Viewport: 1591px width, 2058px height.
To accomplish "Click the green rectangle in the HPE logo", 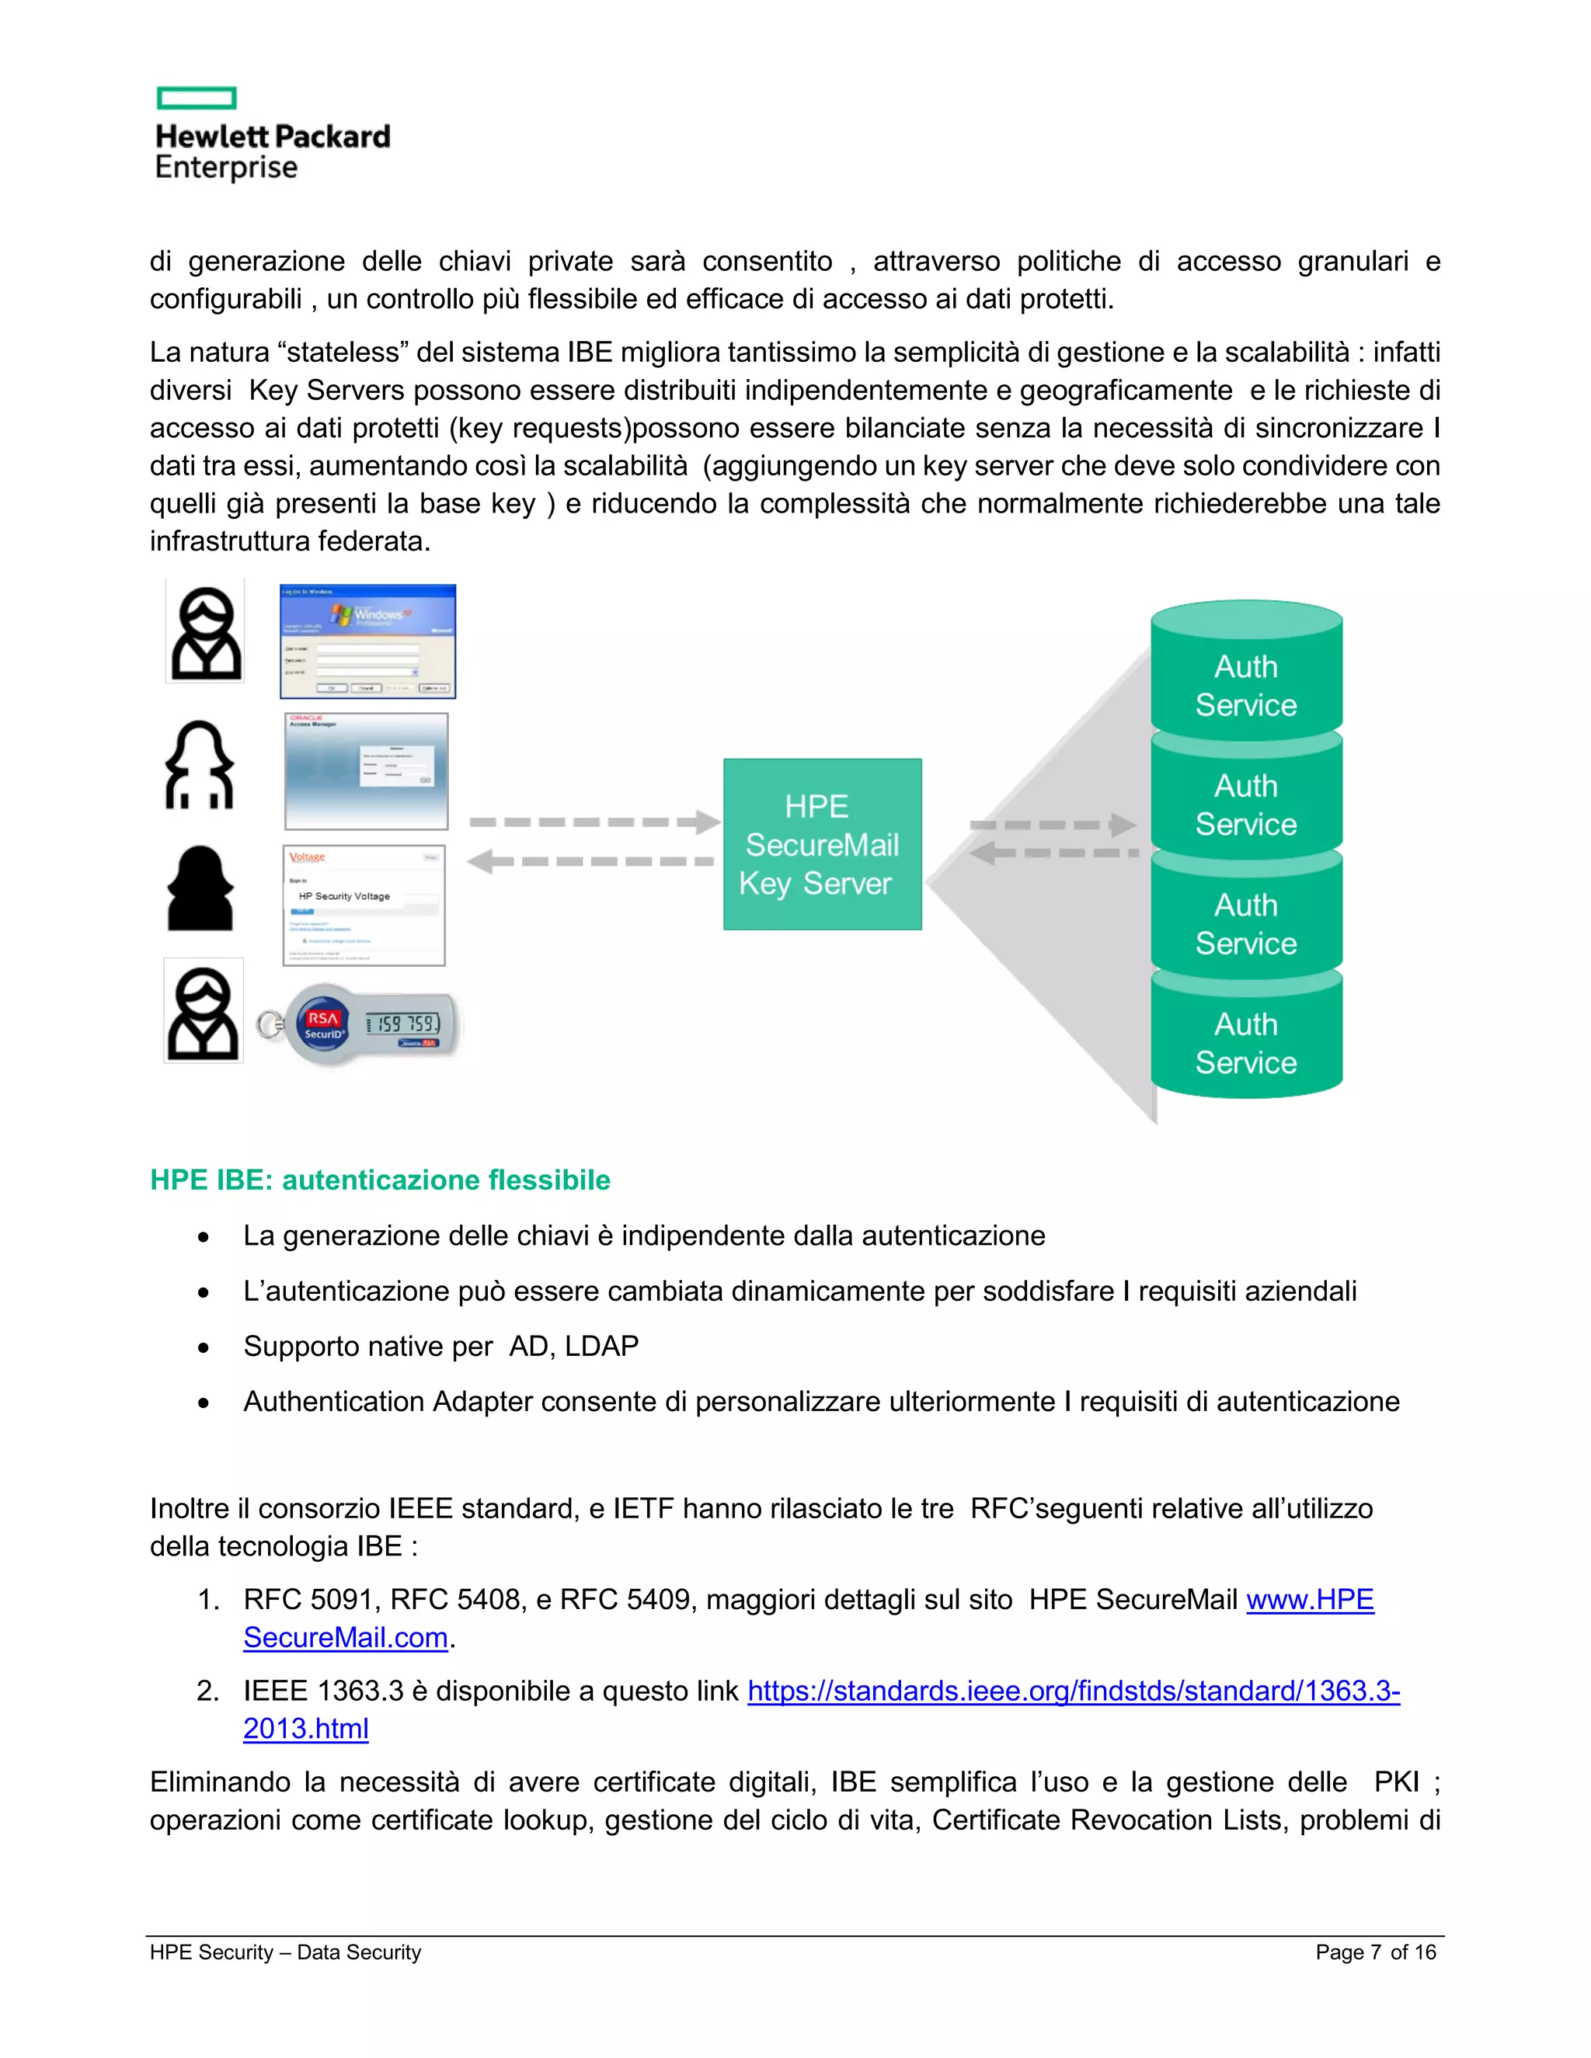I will point(196,98).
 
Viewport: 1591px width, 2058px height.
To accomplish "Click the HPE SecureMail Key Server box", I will point(822,844).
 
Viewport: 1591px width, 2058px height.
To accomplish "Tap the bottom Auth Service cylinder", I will point(1246,1041).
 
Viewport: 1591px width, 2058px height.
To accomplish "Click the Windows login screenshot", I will point(367,641).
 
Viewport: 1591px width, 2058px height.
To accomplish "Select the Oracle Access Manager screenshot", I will point(367,771).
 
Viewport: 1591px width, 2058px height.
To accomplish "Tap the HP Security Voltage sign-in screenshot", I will point(364,906).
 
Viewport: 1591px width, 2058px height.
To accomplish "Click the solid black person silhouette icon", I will point(200,888).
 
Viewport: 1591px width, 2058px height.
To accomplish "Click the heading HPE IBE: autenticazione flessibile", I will point(380,1180).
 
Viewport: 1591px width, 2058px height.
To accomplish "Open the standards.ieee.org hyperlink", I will point(1073,1691).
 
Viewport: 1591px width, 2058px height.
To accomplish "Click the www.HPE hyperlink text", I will point(1309,1599).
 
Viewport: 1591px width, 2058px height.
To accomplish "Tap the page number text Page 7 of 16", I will point(1375,1952).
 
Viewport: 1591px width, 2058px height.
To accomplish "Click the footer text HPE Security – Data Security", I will point(284,1952).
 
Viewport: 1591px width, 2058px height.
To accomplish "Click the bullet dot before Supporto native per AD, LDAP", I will point(204,1347).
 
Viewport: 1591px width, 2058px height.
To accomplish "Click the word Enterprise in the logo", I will point(226,168).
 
